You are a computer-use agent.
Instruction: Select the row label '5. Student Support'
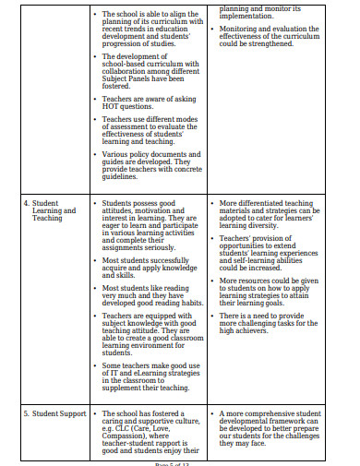[54, 413]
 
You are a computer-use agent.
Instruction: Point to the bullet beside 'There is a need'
[213, 317]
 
